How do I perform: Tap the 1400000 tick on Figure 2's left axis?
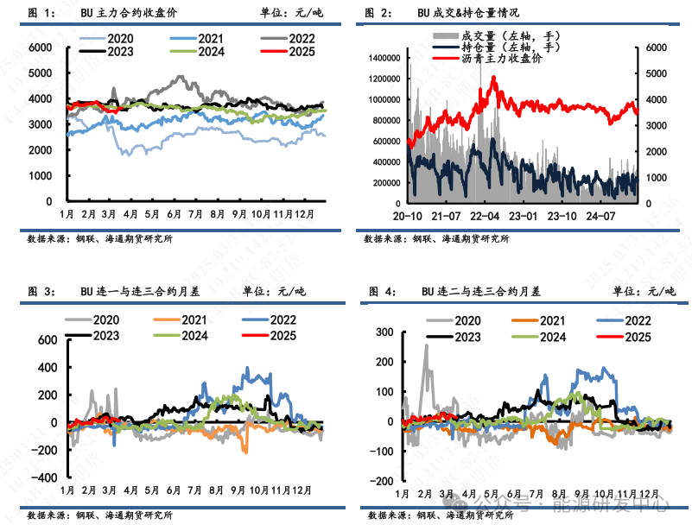pyautogui.click(x=384, y=57)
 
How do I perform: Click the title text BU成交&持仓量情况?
pyautogui.click(x=459, y=13)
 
